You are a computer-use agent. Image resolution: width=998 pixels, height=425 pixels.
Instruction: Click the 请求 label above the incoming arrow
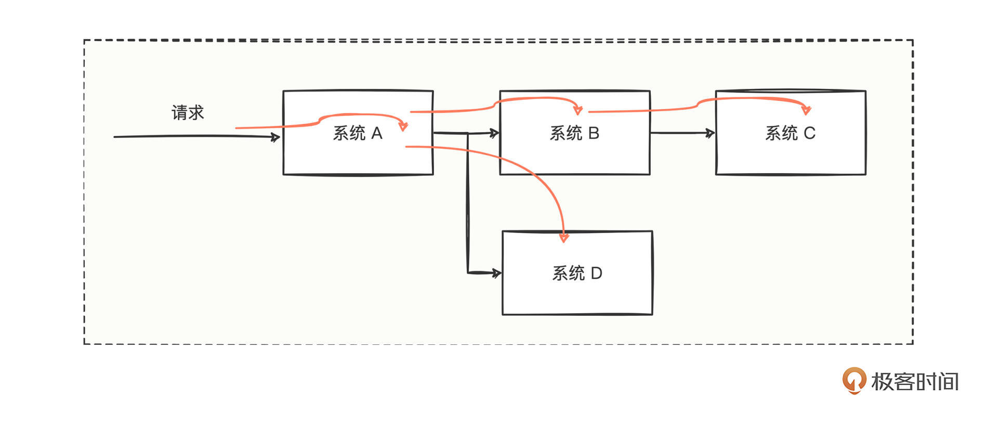click(188, 112)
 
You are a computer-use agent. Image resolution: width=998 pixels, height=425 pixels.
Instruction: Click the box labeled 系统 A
click(358, 156)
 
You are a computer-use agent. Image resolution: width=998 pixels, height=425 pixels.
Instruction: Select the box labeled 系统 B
click(574, 156)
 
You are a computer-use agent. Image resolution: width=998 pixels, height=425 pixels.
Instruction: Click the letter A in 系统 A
click(377, 134)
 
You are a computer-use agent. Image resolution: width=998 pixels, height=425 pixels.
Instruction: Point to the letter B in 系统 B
click(594, 134)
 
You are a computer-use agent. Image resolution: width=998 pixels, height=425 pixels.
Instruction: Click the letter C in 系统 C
click(809, 134)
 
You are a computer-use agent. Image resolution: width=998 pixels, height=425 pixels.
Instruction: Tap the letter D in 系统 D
click(596, 273)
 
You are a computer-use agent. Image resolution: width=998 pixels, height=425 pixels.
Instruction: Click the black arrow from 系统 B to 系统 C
click(681, 133)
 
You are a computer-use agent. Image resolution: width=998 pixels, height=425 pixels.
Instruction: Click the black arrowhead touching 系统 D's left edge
click(496, 273)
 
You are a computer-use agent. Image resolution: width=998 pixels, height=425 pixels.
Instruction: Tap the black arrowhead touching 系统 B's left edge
click(494, 133)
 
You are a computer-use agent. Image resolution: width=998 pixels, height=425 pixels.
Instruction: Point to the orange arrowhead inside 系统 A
click(403, 126)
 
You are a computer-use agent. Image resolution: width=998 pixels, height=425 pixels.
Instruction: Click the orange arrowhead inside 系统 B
click(577, 110)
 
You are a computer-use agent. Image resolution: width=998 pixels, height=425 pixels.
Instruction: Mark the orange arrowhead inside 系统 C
click(806, 110)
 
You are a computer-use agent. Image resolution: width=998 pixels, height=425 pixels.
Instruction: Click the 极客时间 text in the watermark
click(915, 382)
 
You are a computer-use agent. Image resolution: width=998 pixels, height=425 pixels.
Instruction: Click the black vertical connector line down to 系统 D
click(468, 208)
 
